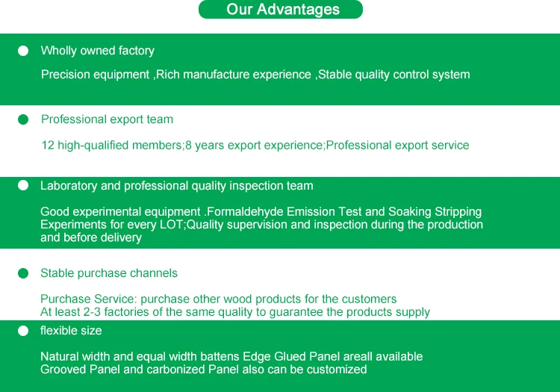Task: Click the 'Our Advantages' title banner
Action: point(280,9)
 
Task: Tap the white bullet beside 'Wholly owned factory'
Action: point(23,51)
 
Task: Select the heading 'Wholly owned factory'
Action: point(98,51)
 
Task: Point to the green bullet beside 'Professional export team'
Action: point(23,119)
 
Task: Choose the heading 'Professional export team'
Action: point(107,119)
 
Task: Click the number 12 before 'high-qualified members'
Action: point(48,146)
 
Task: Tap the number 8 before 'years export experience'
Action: point(189,146)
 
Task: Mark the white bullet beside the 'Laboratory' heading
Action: point(23,185)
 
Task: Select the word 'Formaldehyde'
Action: point(245,212)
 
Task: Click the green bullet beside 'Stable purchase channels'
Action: point(23,273)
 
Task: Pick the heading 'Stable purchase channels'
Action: point(109,273)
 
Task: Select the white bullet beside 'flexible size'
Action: point(23,331)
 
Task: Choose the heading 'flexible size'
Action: point(71,331)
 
